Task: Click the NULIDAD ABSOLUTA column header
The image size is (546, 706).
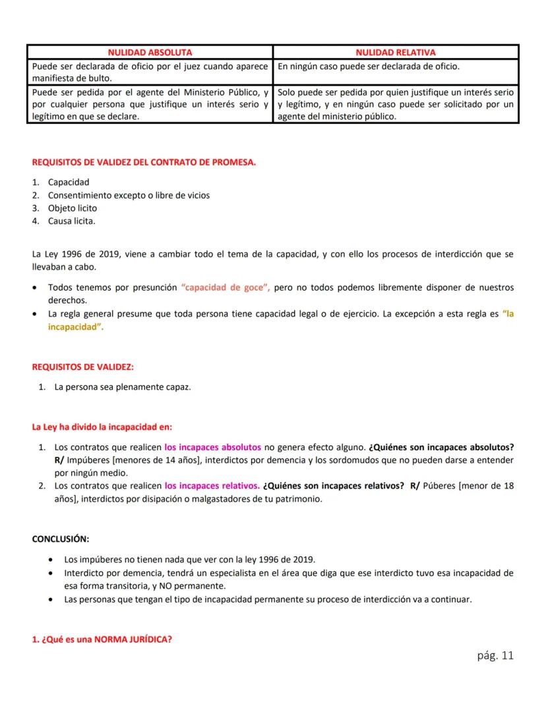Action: pos(150,52)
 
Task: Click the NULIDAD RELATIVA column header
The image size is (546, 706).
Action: pos(396,52)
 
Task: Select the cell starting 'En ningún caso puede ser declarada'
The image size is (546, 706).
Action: pos(396,67)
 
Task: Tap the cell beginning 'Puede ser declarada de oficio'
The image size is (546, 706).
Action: pos(150,72)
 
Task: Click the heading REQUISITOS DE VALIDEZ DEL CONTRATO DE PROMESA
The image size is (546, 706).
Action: pos(144,163)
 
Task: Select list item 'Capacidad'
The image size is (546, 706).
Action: pos(69,182)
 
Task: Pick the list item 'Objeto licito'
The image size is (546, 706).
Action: pos(73,208)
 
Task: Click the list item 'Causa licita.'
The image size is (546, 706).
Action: pos(71,221)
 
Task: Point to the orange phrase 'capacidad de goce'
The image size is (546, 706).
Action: pos(225,288)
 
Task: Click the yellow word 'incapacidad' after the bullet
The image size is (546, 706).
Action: pos(76,328)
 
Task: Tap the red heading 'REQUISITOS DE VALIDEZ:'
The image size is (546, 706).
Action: pos(82,367)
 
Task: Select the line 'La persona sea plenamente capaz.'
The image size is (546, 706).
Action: pos(123,387)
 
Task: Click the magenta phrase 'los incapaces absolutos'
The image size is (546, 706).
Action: pos(212,447)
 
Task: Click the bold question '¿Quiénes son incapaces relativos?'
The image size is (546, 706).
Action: pos(333,486)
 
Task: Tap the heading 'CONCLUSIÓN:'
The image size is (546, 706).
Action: pos(61,539)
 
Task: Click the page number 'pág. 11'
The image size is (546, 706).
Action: pos(495,655)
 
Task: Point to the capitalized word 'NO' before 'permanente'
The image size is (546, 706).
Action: pos(154,586)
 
